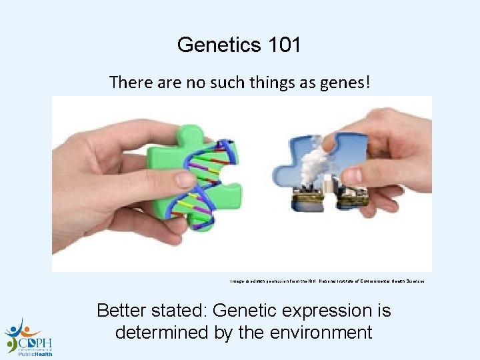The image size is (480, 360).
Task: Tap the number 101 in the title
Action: pyautogui.click(x=283, y=45)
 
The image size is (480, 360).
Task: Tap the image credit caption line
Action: pyautogui.click(x=327, y=281)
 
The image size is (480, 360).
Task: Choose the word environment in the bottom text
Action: pyautogui.click(x=315, y=332)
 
